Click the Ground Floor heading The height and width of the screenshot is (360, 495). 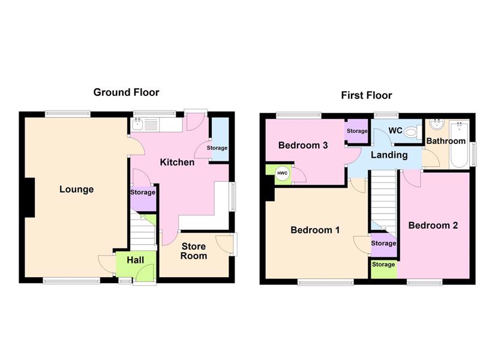(126, 92)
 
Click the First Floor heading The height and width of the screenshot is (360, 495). (367, 95)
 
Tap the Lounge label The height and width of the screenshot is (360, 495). (77, 190)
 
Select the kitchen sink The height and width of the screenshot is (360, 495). (137, 125)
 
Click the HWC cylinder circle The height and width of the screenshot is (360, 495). (282, 173)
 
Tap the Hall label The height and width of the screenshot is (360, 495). (136, 260)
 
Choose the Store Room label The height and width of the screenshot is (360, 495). (194, 251)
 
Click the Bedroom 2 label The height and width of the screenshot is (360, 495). (433, 226)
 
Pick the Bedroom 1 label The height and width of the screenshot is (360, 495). (315, 230)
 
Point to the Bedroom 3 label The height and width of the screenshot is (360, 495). (303, 145)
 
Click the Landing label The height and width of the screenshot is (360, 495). (389, 155)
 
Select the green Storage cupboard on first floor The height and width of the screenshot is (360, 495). (383, 268)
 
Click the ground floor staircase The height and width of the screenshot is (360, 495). (143, 230)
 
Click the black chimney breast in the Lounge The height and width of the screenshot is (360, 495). (29, 197)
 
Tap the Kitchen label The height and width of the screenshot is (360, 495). (177, 163)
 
